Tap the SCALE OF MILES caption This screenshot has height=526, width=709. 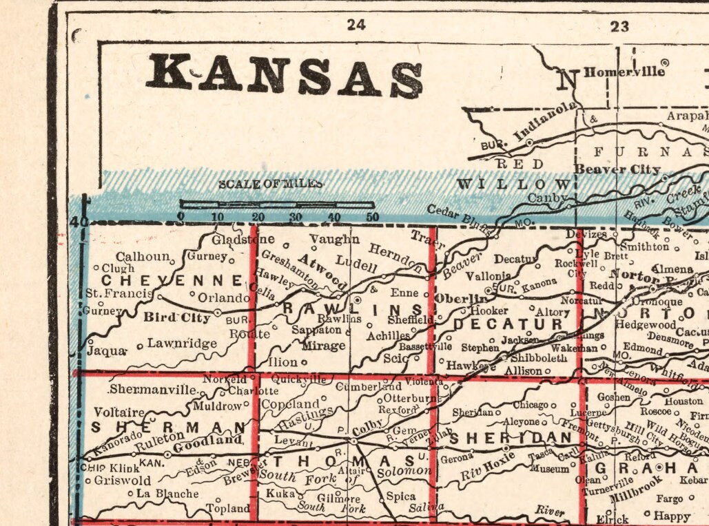270,185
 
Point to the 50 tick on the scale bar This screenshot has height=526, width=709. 372,217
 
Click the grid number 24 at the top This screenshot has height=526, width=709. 356,25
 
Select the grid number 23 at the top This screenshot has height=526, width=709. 619,26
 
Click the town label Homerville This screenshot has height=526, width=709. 624,72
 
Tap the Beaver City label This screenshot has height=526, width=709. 617,169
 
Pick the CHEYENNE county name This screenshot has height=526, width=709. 172,280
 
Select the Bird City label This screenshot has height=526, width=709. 176,317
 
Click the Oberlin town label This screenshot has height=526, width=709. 460,298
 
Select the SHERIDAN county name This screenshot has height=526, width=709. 511,438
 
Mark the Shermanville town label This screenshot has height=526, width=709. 152,389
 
